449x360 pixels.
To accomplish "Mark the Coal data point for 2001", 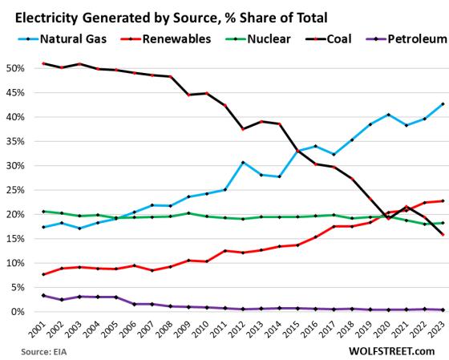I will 42,63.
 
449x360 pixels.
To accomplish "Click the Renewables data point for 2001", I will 42,274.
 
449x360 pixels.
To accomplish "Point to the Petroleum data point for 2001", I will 42,295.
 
